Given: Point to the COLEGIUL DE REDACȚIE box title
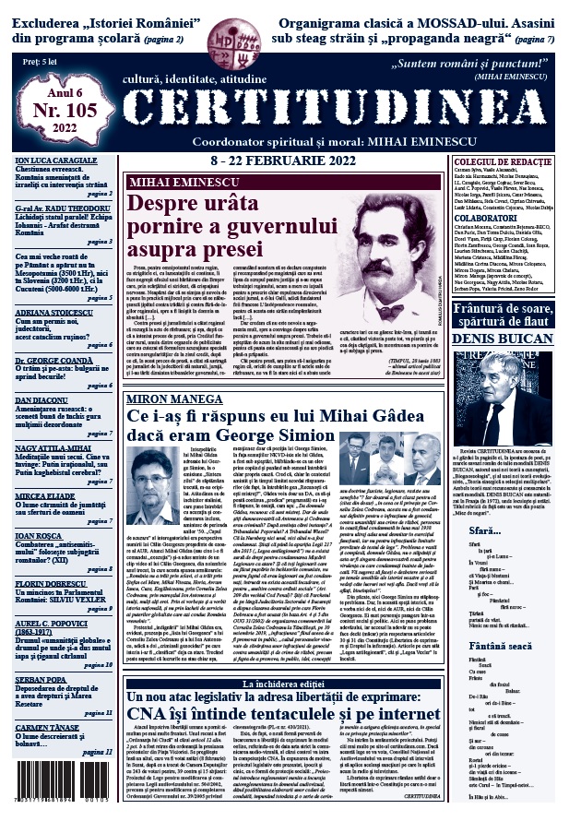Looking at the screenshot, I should pyautogui.click(x=504, y=137).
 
